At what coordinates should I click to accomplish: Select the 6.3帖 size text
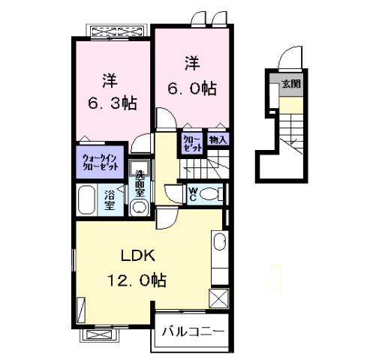(x=113, y=103)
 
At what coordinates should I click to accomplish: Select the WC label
(x=192, y=194)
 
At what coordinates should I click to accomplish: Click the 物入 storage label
(x=218, y=140)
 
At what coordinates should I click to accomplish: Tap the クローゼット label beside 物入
(x=191, y=142)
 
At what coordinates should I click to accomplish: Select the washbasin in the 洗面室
(x=139, y=206)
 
